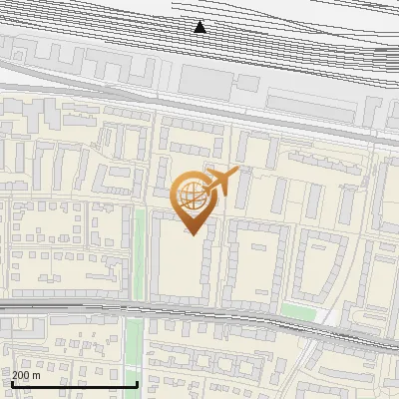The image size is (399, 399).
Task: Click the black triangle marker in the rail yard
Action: point(200,27)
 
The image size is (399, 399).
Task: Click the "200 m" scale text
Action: point(26,375)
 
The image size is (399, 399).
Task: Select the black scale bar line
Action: point(74,384)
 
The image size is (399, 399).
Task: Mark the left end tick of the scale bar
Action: point(11,382)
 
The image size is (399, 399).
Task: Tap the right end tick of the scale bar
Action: point(137,382)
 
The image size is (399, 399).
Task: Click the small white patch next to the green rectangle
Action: point(324,315)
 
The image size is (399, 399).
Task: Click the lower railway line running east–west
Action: point(199,310)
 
